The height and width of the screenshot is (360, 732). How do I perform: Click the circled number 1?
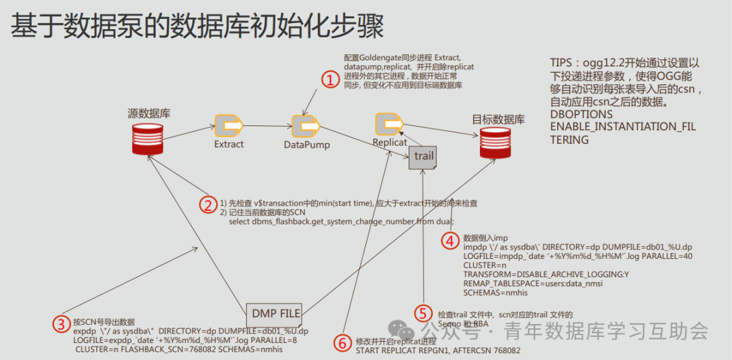[x=329, y=80]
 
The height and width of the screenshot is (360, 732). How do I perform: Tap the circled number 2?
[x=207, y=203]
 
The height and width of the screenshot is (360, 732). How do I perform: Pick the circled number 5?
[x=424, y=313]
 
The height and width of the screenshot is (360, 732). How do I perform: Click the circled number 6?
[x=344, y=342]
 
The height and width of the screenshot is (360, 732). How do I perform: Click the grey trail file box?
[x=423, y=157]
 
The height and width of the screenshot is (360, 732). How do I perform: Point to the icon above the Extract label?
[x=228, y=126]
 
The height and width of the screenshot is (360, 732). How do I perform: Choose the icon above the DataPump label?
[x=306, y=126]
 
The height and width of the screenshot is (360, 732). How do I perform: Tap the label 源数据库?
[x=149, y=113]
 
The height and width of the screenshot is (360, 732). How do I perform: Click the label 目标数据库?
[x=498, y=120]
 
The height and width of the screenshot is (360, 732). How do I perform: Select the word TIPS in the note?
[x=562, y=63]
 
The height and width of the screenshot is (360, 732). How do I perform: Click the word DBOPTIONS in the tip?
[x=582, y=115]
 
